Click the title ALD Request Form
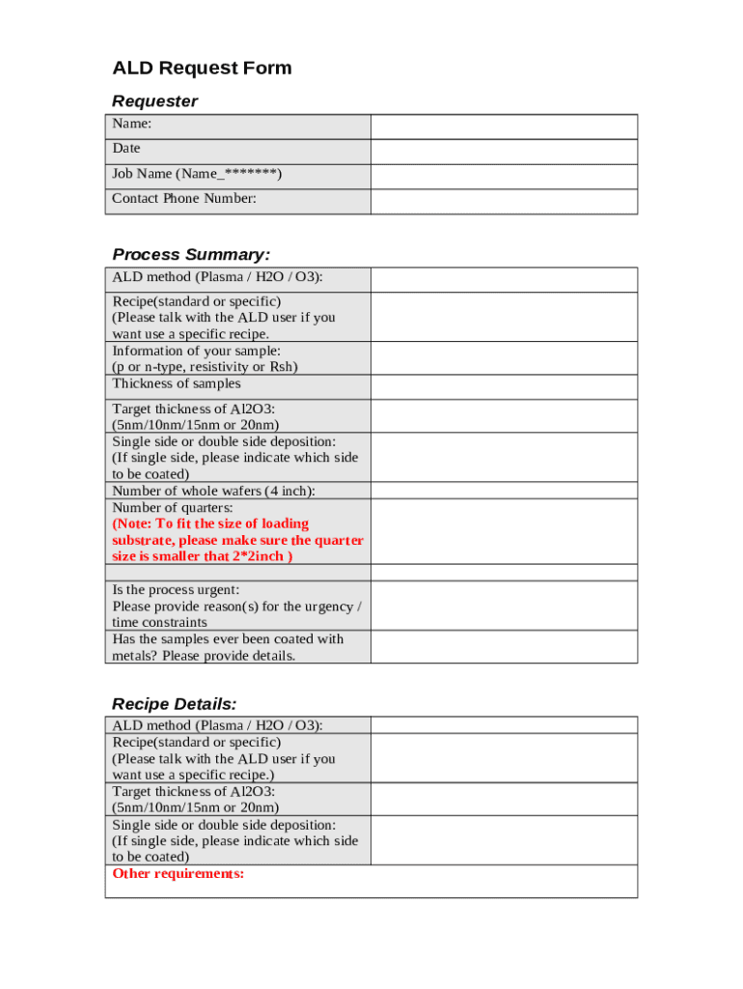pyautogui.click(x=202, y=69)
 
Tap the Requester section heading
pyautogui.click(x=154, y=101)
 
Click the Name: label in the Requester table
pyautogui.click(x=131, y=124)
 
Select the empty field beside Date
pyautogui.click(x=504, y=152)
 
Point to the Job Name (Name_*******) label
pyautogui.click(x=197, y=174)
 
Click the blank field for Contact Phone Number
pyautogui.click(x=504, y=201)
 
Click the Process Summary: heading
pyautogui.click(x=191, y=255)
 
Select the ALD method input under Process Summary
pyautogui.click(x=504, y=280)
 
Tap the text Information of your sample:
pyautogui.click(x=197, y=351)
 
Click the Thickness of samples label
pyautogui.click(x=177, y=383)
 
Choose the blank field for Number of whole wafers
pyautogui.click(x=504, y=491)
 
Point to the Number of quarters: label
pyautogui.click(x=173, y=507)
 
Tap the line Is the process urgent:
pyautogui.click(x=176, y=589)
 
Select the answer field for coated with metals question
pyautogui.click(x=504, y=647)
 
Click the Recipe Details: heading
pyautogui.click(x=174, y=704)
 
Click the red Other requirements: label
pyautogui.click(x=179, y=874)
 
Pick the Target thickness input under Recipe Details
pyautogui.click(x=504, y=799)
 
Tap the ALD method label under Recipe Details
pyautogui.click(x=217, y=725)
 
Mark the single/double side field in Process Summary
pyautogui.click(x=504, y=457)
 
